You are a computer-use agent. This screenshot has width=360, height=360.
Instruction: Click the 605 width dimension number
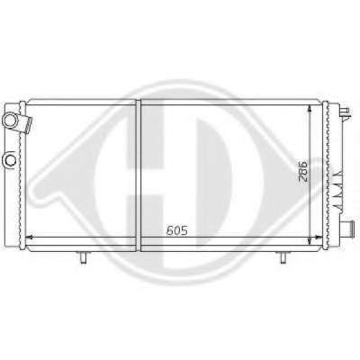click(x=177, y=230)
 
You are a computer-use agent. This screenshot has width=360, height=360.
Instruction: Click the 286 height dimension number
click(x=302, y=172)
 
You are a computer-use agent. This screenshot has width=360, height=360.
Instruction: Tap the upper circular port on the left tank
click(x=10, y=120)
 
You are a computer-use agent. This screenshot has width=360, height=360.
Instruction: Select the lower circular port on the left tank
click(x=10, y=160)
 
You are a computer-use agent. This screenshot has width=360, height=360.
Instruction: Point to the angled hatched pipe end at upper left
click(x=29, y=125)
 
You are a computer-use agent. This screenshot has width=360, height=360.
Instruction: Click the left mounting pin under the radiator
click(x=83, y=257)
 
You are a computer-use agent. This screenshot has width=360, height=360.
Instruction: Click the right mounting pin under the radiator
click(x=283, y=257)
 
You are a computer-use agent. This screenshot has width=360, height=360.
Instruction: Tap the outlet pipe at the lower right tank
click(x=349, y=225)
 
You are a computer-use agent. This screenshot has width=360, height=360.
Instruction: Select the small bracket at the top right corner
click(x=345, y=112)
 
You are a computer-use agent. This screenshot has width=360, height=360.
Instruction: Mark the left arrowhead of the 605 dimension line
click(x=29, y=238)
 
